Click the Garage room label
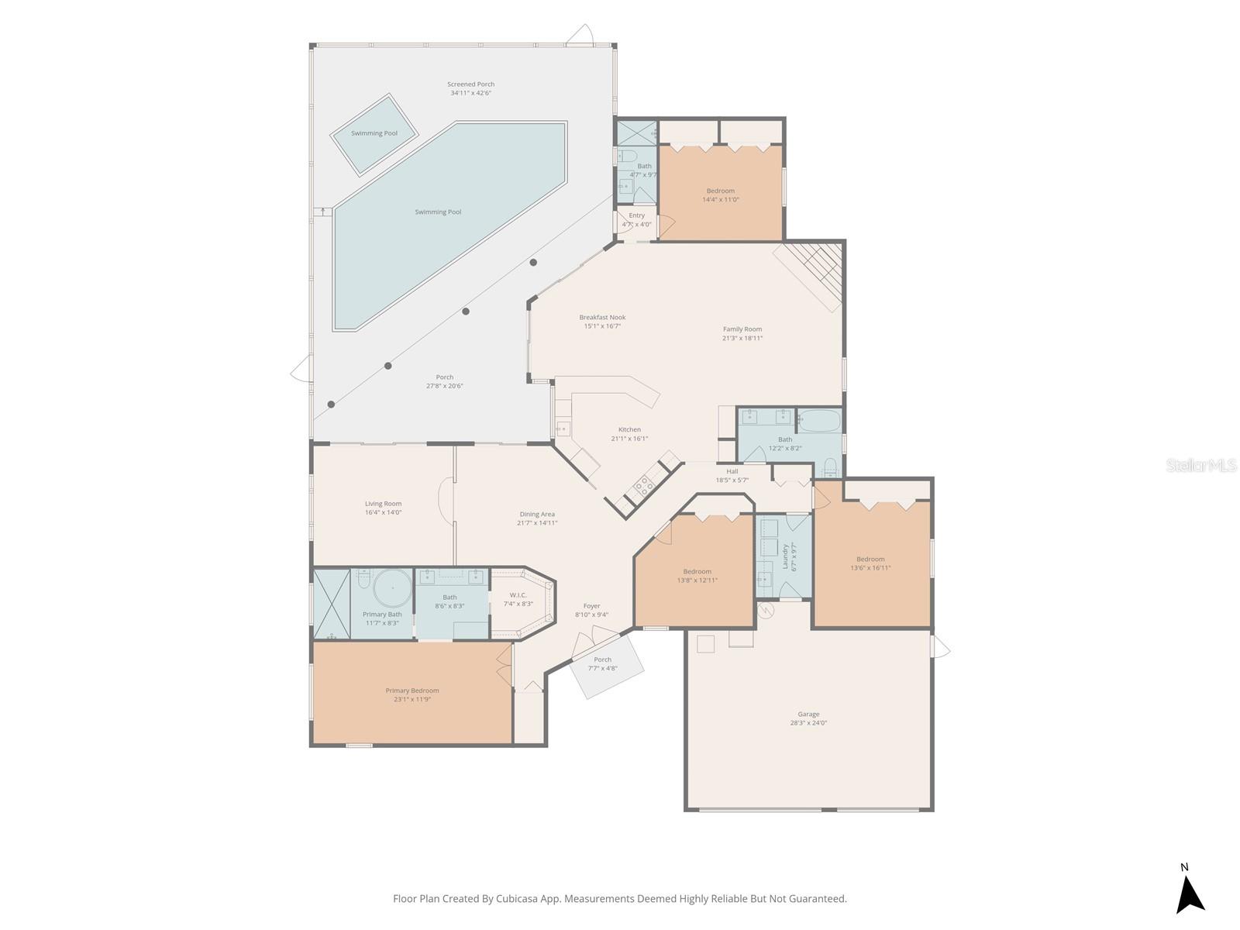[x=808, y=715]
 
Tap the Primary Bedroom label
[x=412, y=691]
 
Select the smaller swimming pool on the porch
[x=374, y=134]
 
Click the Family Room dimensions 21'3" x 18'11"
[x=742, y=338]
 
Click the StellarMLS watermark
[x=1202, y=466]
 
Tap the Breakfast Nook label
[x=602, y=317]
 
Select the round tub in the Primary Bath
[x=393, y=589]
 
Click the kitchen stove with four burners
[x=643, y=487]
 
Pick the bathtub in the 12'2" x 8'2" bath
[x=819, y=421]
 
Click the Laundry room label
[x=785, y=556]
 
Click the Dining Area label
[x=537, y=514]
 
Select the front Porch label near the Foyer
[x=602, y=660]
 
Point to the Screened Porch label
[x=470, y=84]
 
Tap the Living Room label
[x=383, y=504]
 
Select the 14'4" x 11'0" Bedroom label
[x=720, y=191]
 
